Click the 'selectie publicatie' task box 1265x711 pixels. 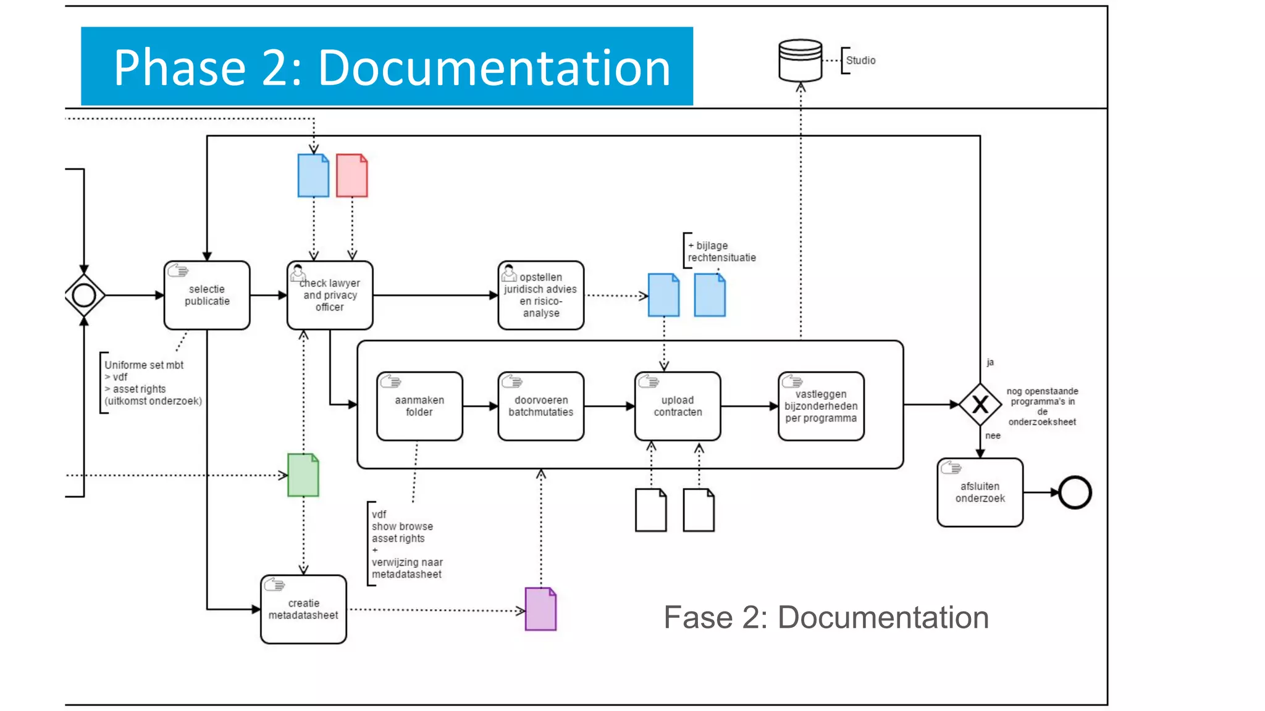(x=207, y=295)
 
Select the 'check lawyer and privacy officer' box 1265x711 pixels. (x=330, y=295)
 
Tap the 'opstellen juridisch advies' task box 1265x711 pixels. (x=541, y=295)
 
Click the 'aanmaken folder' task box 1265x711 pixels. (x=419, y=406)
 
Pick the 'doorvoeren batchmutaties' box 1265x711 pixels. (x=541, y=406)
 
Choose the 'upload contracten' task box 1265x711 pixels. (x=678, y=406)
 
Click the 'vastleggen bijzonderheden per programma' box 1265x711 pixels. (x=821, y=406)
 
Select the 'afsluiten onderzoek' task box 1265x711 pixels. (x=980, y=493)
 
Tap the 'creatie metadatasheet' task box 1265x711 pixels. (x=303, y=609)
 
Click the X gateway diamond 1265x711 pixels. (x=980, y=405)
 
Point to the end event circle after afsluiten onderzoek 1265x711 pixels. (x=1075, y=493)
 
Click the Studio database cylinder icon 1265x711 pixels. (x=801, y=60)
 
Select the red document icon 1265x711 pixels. (x=352, y=176)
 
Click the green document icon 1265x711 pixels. (x=303, y=475)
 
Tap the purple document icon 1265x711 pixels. (x=540, y=609)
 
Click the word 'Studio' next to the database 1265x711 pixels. (x=860, y=60)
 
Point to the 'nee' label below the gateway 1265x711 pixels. (x=993, y=436)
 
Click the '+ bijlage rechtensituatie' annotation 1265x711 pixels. (x=721, y=251)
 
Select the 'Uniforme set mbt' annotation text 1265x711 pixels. (x=144, y=365)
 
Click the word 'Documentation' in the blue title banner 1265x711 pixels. (x=494, y=67)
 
